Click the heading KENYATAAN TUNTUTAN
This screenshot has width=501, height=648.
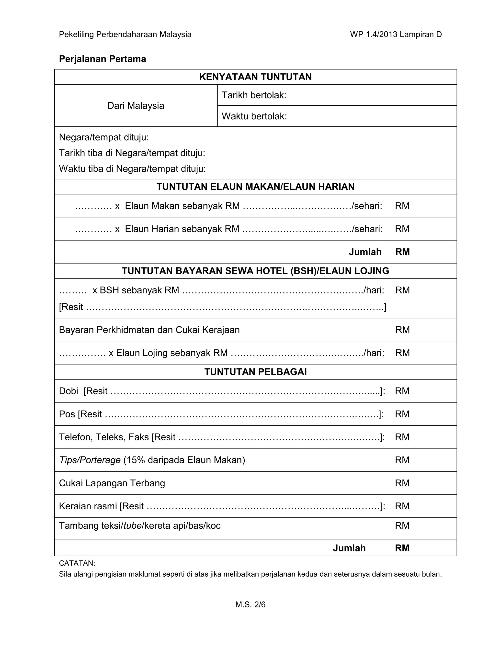click(255, 77)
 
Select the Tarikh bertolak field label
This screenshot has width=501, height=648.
click(254, 95)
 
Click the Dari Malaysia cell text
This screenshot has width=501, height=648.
click(136, 106)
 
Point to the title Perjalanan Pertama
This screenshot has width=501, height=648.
click(102, 59)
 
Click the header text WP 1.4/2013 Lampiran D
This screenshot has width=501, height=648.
click(396, 35)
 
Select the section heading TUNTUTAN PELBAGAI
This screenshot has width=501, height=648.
click(255, 372)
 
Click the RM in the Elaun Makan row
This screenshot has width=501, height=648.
click(402, 206)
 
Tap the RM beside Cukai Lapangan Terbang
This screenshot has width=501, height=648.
click(402, 483)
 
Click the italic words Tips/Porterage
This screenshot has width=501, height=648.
click(90, 460)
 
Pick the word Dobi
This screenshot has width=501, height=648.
click(68, 391)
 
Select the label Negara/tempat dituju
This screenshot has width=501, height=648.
click(103, 137)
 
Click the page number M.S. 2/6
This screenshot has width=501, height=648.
click(250, 604)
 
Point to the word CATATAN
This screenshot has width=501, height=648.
click(77, 563)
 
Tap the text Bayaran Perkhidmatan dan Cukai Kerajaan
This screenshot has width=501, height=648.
click(149, 330)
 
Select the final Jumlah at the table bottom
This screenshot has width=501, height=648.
click(349, 548)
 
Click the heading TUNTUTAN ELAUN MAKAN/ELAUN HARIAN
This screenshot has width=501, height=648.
click(255, 187)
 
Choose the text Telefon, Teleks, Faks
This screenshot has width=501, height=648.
click(103, 437)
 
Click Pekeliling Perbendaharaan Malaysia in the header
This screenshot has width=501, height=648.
click(125, 35)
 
